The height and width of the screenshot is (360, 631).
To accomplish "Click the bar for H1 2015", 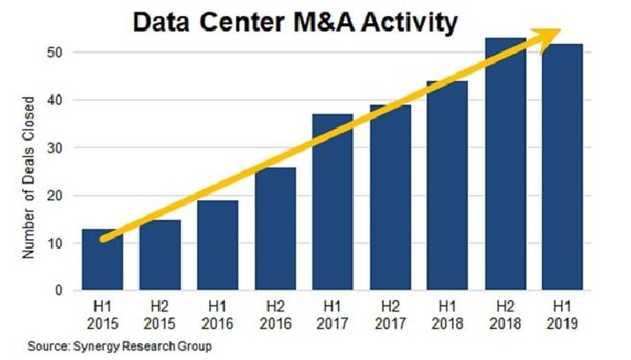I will pos(102,265).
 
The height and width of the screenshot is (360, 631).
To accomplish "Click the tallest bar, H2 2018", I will pos(504,168).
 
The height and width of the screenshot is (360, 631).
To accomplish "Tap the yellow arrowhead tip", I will pos(558,31).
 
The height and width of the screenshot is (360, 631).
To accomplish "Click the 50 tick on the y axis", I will pos(56,53).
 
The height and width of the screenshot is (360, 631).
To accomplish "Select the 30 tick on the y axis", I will pos(56,147).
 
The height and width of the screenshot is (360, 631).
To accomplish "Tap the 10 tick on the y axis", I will pos(56,243).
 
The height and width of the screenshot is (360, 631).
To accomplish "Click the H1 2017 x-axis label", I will pos(332,315).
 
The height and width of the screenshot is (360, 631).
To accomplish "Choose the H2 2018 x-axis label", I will pos(504,315).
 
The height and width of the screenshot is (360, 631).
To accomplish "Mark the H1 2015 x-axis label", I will pos(102,315).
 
